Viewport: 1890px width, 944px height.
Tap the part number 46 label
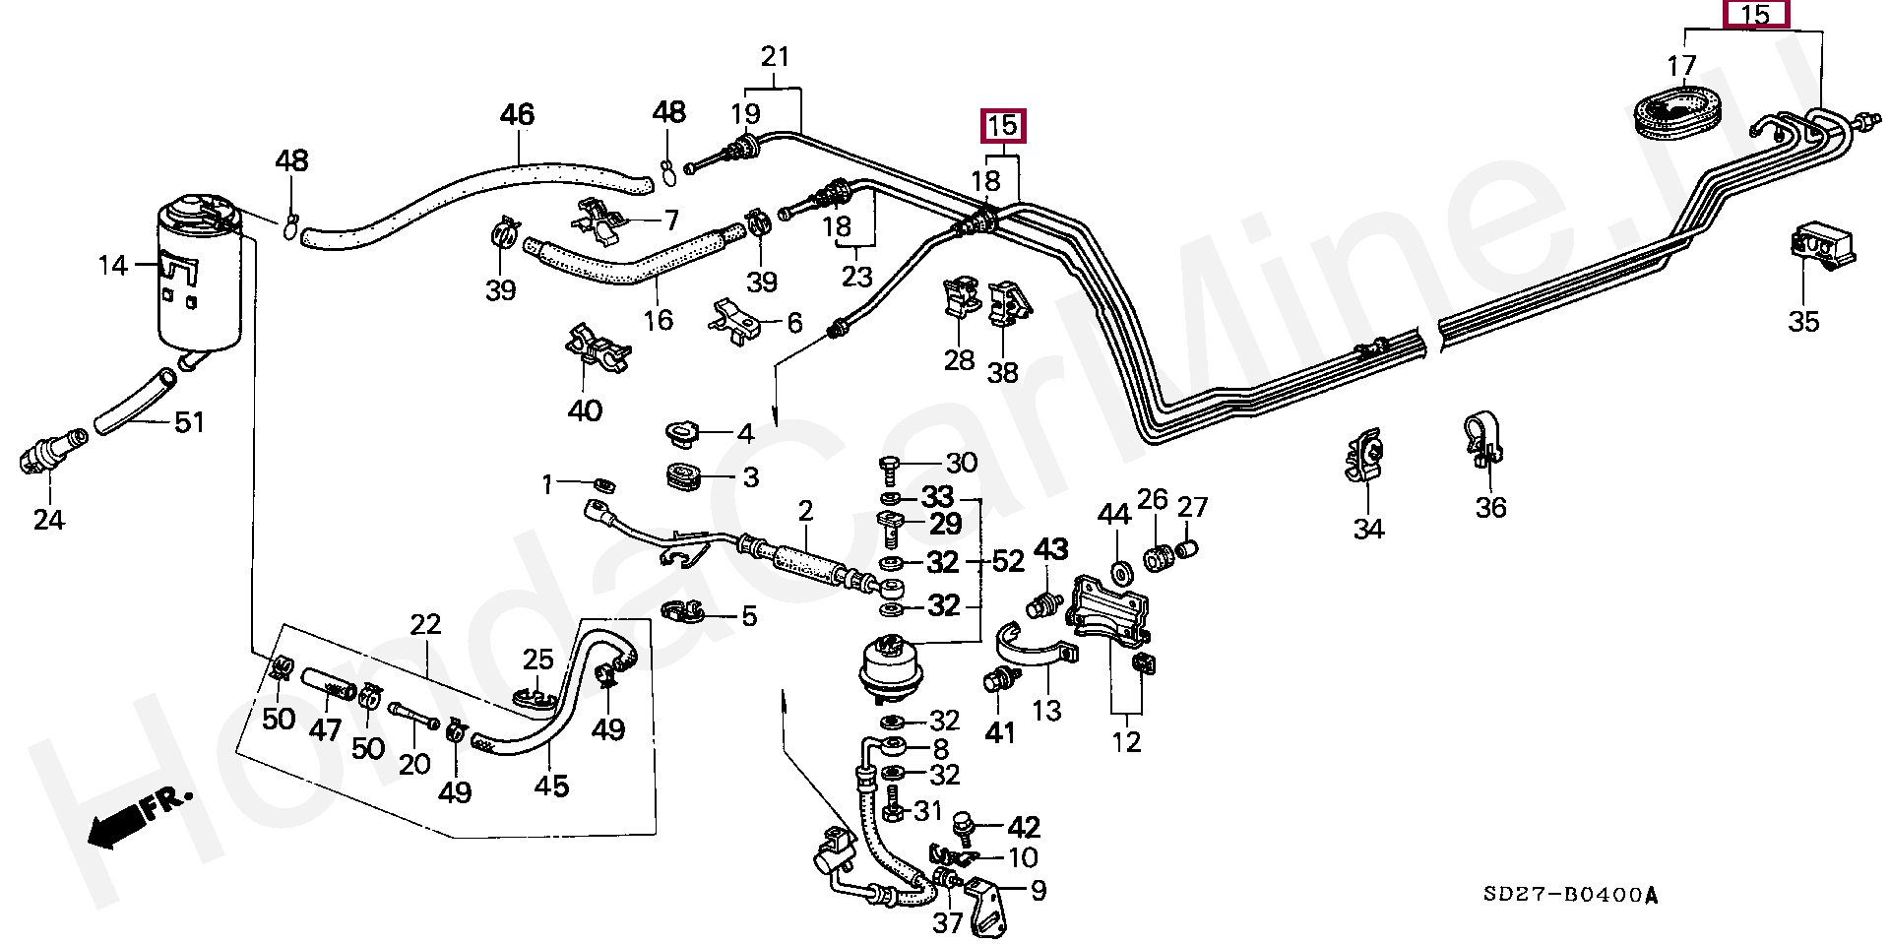517,115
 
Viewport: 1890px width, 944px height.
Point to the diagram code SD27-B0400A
1571,896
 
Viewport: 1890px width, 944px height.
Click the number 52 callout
1008,562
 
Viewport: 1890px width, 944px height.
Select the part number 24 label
48,519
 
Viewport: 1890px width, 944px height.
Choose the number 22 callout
425,624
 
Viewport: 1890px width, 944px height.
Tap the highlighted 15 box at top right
1755,15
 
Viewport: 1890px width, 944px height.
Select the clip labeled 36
1480,439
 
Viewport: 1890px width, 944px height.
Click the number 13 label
1045,710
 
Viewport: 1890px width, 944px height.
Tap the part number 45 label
551,786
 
